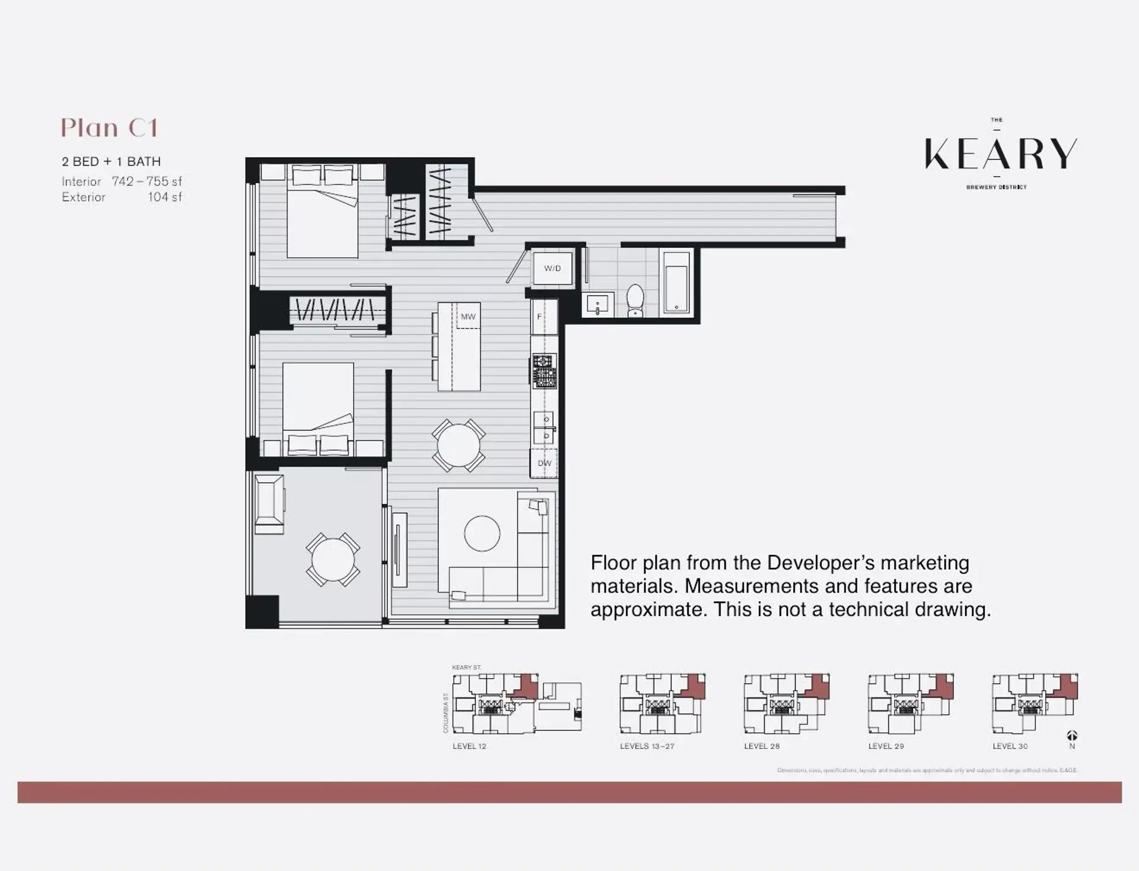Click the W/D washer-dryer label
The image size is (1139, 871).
(552, 269)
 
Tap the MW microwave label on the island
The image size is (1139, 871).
(468, 317)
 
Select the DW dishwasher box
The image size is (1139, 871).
(544, 463)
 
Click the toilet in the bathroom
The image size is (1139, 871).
(635, 300)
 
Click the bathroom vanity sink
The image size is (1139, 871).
(597, 305)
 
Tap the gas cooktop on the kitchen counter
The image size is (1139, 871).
(544, 371)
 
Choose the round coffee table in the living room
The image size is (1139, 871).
(482, 534)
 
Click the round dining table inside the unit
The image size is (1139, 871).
(458, 445)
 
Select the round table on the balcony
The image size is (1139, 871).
(333, 559)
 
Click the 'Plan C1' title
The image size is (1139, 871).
(110, 128)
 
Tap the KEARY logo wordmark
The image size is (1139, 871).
(1000, 154)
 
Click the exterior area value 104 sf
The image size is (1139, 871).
(165, 197)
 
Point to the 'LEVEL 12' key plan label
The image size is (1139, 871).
(469, 746)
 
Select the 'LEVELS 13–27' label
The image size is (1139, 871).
(647, 746)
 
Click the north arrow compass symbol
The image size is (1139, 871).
(1072, 736)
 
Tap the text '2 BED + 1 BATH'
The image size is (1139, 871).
(112, 161)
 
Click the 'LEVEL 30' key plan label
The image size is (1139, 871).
(1010, 746)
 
